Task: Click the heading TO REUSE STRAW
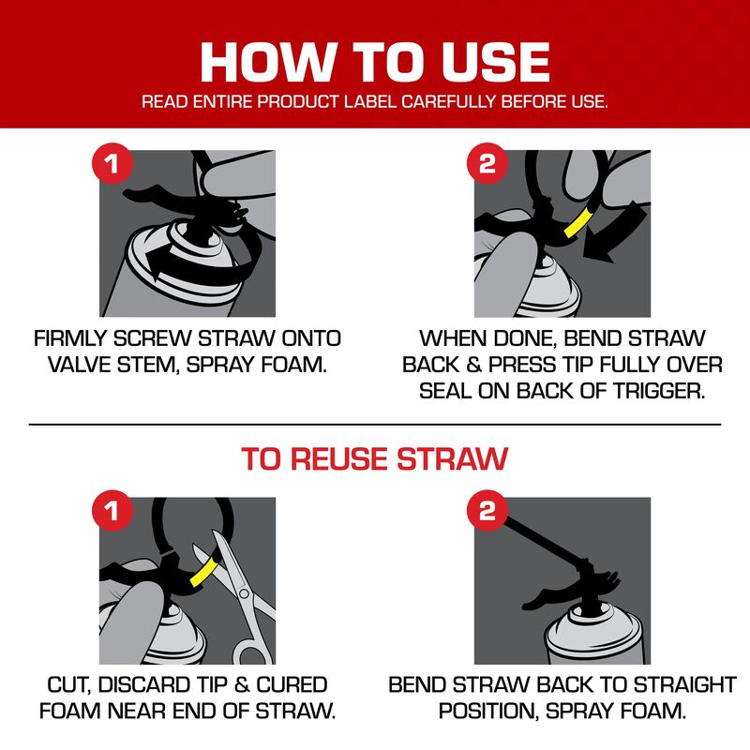pos(375,459)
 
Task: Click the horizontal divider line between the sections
pos(375,425)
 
